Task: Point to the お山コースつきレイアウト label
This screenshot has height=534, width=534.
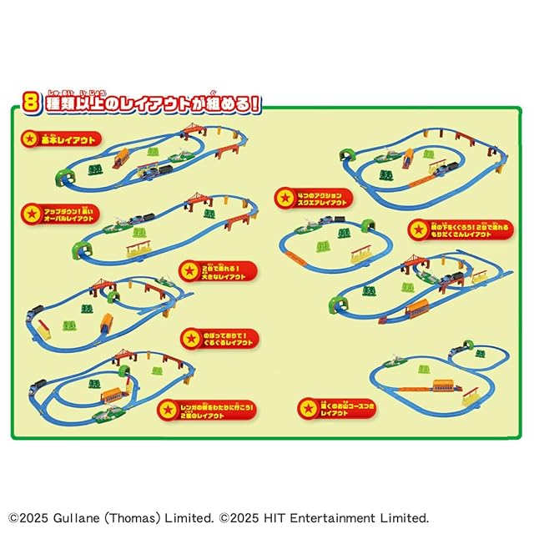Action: point(334,408)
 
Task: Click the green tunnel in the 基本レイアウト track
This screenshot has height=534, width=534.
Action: point(63,174)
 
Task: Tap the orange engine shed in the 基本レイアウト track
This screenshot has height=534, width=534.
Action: point(121,156)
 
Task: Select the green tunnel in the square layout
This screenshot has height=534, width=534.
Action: point(368,227)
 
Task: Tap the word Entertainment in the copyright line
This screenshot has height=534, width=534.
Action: point(332,517)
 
